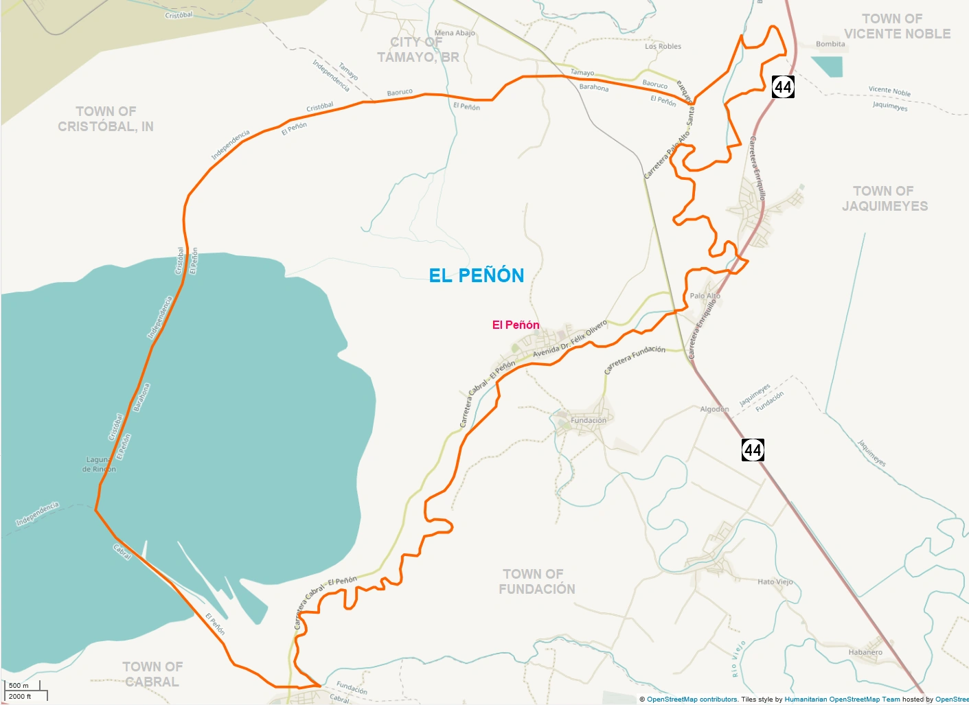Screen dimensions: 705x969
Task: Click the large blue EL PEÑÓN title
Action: [x=476, y=275]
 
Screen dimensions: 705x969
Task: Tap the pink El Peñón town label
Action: [x=515, y=325]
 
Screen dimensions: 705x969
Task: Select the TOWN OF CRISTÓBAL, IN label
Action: [x=106, y=119]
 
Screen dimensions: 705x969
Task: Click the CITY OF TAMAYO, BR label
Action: [x=418, y=49]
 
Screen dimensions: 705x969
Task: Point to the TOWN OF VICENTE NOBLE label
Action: [x=896, y=26]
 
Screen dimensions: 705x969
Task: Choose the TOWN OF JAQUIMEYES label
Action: [x=885, y=198]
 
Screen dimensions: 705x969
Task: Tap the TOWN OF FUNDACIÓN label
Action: [x=536, y=581]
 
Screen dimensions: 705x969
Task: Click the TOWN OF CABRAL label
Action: [x=152, y=674]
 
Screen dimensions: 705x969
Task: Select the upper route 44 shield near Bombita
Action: [x=783, y=87]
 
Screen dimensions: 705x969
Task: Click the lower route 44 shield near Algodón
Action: [x=753, y=450]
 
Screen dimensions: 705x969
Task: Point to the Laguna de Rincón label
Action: [x=99, y=464]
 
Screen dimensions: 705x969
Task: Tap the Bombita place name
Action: [x=830, y=44]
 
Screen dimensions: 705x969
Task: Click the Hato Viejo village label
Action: [x=775, y=581]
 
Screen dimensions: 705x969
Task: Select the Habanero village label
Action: [x=865, y=652]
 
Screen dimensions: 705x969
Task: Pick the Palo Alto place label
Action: [x=705, y=296]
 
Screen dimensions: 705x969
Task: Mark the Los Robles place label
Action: [x=663, y=47]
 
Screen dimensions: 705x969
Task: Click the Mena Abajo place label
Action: [x=454, y=33]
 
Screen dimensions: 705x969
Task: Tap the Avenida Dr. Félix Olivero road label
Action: [x=570, y=338]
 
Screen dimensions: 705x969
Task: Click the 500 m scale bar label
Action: [x=19, y=685]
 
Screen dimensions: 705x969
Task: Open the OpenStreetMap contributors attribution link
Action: [x=692, y=700]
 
